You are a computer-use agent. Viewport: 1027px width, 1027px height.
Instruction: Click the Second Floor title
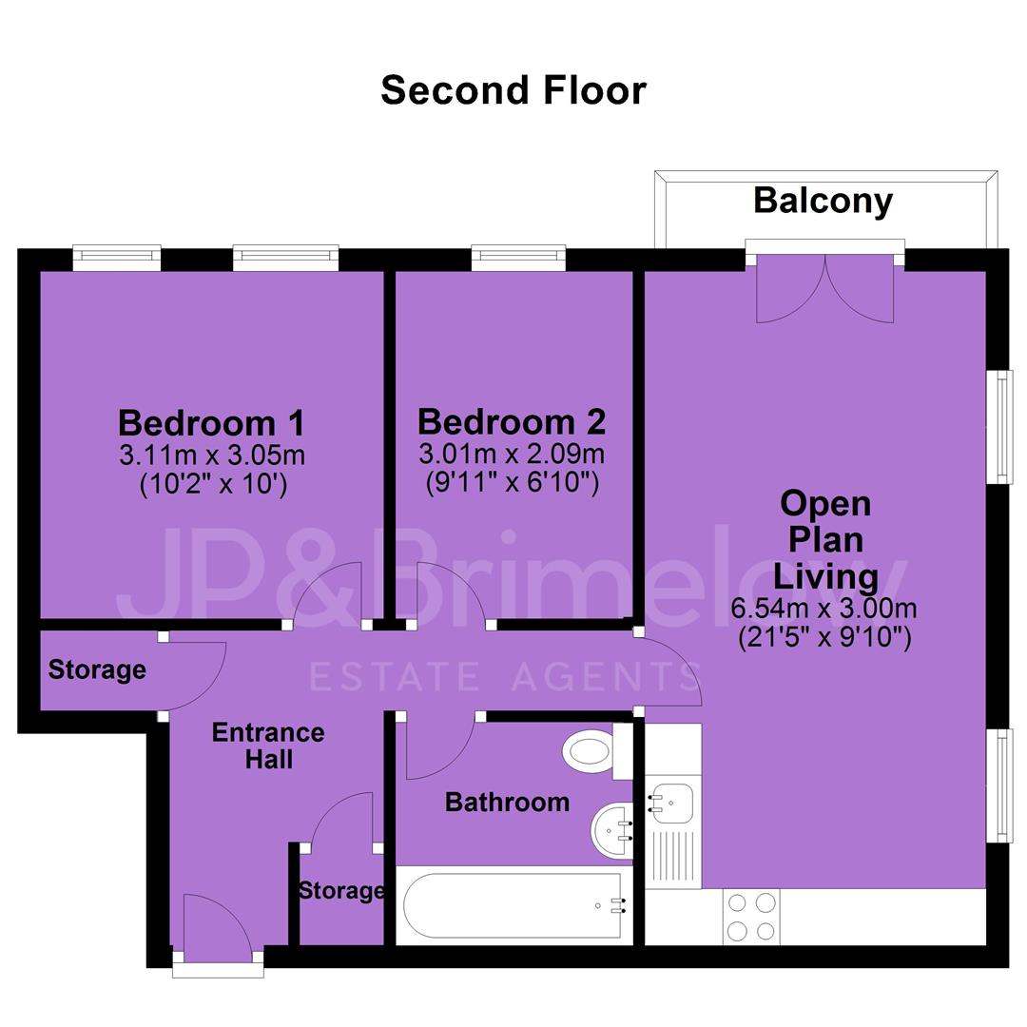tap(513, 89)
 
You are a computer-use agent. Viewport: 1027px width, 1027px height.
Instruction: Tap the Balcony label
tap(823, 201)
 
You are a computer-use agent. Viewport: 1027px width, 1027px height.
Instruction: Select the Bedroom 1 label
tap(211, 422)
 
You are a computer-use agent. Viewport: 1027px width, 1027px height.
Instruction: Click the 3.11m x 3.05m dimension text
tap(212, 455)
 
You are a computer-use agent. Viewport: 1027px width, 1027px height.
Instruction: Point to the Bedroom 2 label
tap(512, 421)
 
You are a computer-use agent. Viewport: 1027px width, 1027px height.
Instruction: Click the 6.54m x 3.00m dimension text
tap(824, 609)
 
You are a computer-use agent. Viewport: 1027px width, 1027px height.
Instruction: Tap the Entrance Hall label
tap(268, 746)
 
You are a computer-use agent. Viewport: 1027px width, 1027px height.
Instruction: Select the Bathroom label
tap(507, 802)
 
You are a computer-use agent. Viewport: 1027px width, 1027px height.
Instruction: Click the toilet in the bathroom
tap(597, 750)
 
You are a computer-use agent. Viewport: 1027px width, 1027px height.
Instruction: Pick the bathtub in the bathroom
tap(513, 906)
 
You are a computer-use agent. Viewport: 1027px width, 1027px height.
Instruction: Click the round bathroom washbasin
tap(612, 830)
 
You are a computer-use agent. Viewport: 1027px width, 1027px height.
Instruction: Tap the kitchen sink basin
tap(669, 803)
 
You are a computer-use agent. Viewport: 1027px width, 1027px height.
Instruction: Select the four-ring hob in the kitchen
tap(751, 917)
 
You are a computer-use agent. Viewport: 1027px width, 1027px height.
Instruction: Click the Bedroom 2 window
tap(518, 257)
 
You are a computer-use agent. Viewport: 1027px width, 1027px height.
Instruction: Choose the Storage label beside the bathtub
tap(341, 890)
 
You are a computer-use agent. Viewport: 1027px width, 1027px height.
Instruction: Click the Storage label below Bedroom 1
tap(97, 669)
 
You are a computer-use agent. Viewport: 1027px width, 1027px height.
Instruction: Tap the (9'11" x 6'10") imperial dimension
tap(513, 483)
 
